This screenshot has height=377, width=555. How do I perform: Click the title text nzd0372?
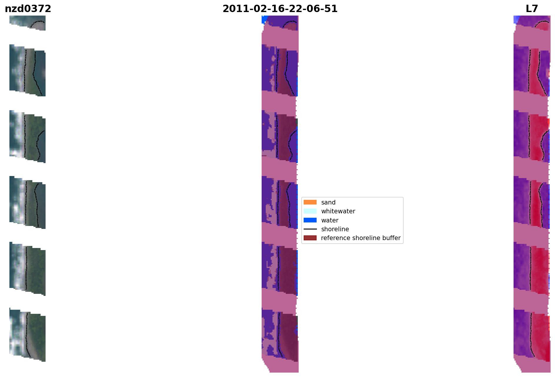28,9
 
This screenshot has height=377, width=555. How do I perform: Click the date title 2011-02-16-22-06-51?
280,9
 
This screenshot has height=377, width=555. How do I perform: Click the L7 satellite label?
532,9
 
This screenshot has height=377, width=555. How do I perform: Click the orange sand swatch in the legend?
310,202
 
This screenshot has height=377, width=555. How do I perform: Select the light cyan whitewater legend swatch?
310,211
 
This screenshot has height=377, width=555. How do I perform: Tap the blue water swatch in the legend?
310,220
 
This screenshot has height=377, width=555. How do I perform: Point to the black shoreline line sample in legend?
310,229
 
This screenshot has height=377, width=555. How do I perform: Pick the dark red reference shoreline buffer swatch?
310,238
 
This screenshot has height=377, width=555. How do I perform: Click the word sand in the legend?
328,202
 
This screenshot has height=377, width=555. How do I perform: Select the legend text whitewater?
338,211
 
